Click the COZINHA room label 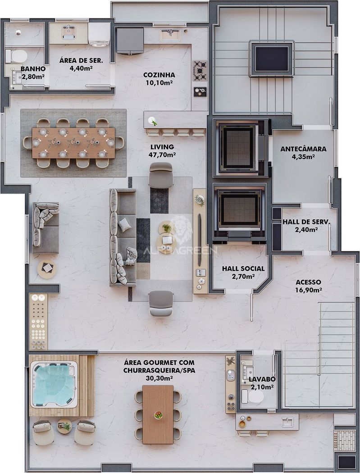tap(159, 75)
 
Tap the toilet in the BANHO tap(17, 56)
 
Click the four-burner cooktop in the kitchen tap(200, 71)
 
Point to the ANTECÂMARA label tap(303, 149)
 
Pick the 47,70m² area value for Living tap(162, 155)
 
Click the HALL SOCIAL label tap(243, 268)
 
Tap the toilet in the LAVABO tap(253, 396)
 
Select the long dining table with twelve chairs tap(73, 143)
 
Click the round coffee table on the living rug tap(166, 237)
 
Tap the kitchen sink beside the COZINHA tap(170, 35)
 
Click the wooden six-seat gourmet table tap(158, 414)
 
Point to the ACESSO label tap(308, 282)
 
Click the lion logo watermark tap(181, 230)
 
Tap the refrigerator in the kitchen tap(130, 41)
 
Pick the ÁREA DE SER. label tap(81, 60)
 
